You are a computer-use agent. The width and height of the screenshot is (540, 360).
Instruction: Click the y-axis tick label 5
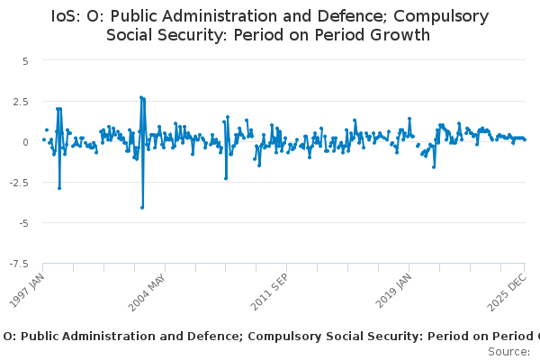click(26, 60)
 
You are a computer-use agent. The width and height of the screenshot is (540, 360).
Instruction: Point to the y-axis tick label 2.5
click(22, 101)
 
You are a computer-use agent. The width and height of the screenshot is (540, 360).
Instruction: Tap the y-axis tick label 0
click(26, 141)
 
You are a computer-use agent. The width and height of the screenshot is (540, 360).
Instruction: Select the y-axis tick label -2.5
click(20, 182)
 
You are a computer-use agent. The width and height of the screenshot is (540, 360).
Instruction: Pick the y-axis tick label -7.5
click(20, 263)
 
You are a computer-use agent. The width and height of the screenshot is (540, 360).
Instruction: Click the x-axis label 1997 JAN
click(30, 286)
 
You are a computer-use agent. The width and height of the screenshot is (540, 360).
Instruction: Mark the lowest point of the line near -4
click(142, 208)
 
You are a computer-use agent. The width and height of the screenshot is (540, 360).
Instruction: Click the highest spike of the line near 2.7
click(141, 97)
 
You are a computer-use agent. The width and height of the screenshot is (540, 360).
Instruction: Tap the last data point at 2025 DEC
click(526, 139)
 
